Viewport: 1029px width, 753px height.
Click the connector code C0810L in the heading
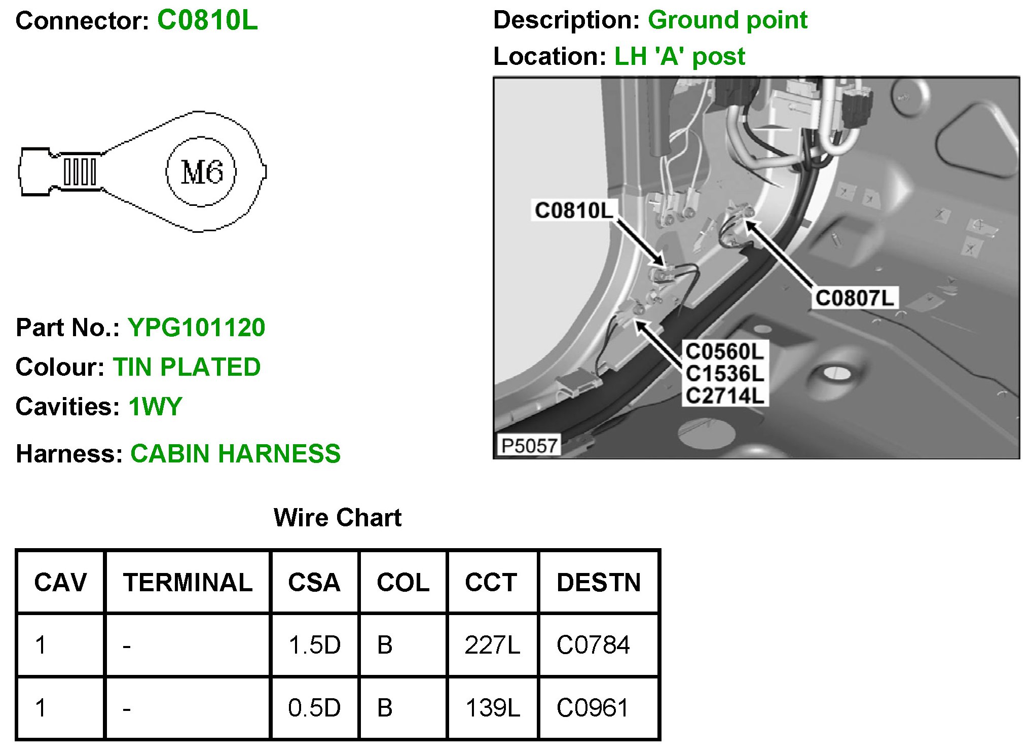click(207, 20)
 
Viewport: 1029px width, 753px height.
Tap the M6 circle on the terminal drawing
click(201, 171)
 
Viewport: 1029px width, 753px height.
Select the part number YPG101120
click(196, 327)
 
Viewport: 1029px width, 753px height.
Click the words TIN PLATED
click(187, 367)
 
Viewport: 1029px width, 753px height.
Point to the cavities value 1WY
click(155, 406)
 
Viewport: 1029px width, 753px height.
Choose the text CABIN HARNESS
click(235, 453)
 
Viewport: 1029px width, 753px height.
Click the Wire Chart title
click(337, 517)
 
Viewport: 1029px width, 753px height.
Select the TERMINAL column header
click(188, 582)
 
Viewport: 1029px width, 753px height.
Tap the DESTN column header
click(599, 582)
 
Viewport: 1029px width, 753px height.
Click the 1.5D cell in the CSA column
click(314, 645)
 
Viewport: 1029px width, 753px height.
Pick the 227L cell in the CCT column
click(492, 645)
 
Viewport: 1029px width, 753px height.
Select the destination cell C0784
click(593, 645)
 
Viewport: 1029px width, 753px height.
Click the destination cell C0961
click(592, 707)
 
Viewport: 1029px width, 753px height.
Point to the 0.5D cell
click(314, 707)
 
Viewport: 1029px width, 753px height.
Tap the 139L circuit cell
click(492, 707)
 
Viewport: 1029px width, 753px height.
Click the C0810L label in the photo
click(574, 210)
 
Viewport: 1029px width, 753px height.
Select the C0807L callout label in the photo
click(855, 298)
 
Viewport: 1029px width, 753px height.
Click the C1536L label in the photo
click(724, 374)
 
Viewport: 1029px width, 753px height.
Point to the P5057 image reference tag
click(529, 446)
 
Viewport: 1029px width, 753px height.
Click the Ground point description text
click(727, 20)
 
